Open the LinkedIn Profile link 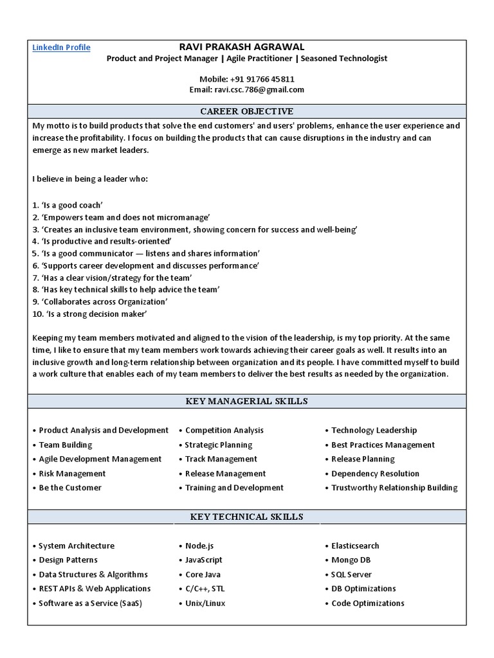tap(61, 48)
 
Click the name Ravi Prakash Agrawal tap(242, 47)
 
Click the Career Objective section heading tap(247, 111)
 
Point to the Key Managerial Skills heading tap(247, 402)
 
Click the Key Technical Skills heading tap(247, 517)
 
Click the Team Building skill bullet tap(65, 445)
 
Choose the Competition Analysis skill tap(224, 431)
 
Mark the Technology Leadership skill tap(374, 431)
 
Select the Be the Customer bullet tap(69, 488)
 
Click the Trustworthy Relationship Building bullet tap(394, 488)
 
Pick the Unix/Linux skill tap(205, 603)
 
